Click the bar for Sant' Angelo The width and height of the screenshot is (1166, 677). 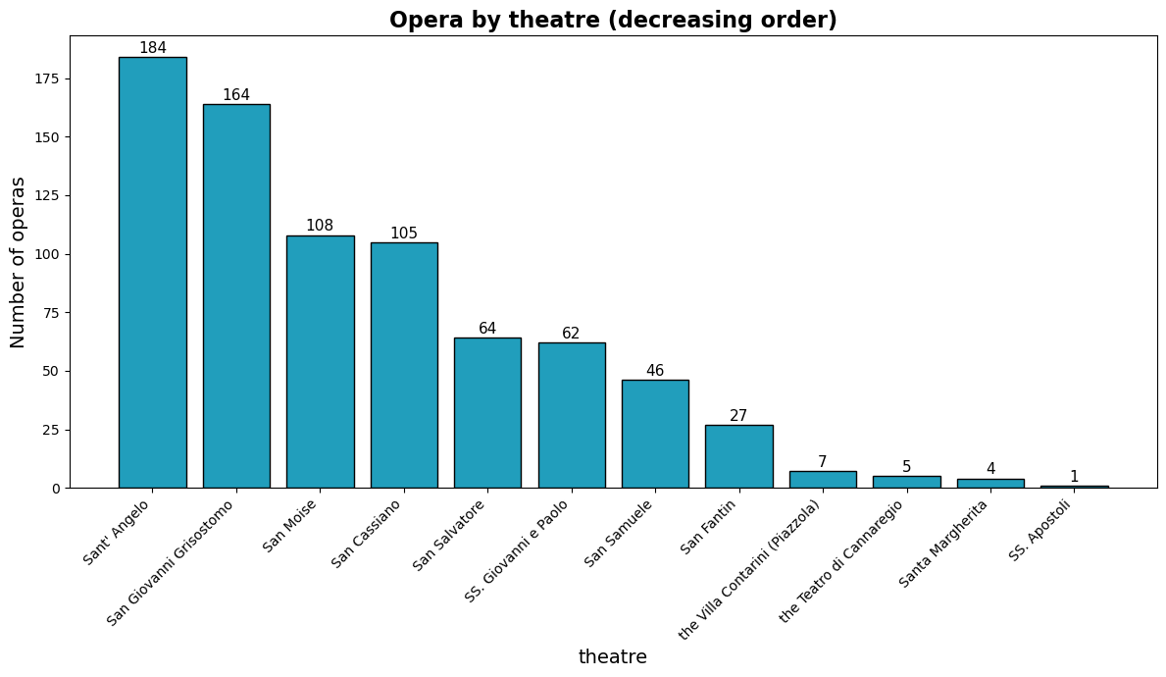click(152, 273)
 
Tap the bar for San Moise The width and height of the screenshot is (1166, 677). click(320, 362)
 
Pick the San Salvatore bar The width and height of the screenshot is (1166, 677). click(487, 413)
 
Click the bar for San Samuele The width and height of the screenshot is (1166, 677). click(655, 434)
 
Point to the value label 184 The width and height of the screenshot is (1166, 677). click(152, 48)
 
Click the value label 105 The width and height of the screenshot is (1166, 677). click(404, 234)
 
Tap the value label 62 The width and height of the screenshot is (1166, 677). click(571, 334)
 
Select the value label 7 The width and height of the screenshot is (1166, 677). click(823, 462)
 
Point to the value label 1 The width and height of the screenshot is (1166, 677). click(1074, 477)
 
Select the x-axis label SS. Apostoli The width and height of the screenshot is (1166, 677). click(1039, 530)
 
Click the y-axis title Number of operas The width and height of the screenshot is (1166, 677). click(19, 262)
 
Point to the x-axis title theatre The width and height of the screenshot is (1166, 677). click(613, 657)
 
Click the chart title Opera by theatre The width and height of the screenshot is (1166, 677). click(613, 20)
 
